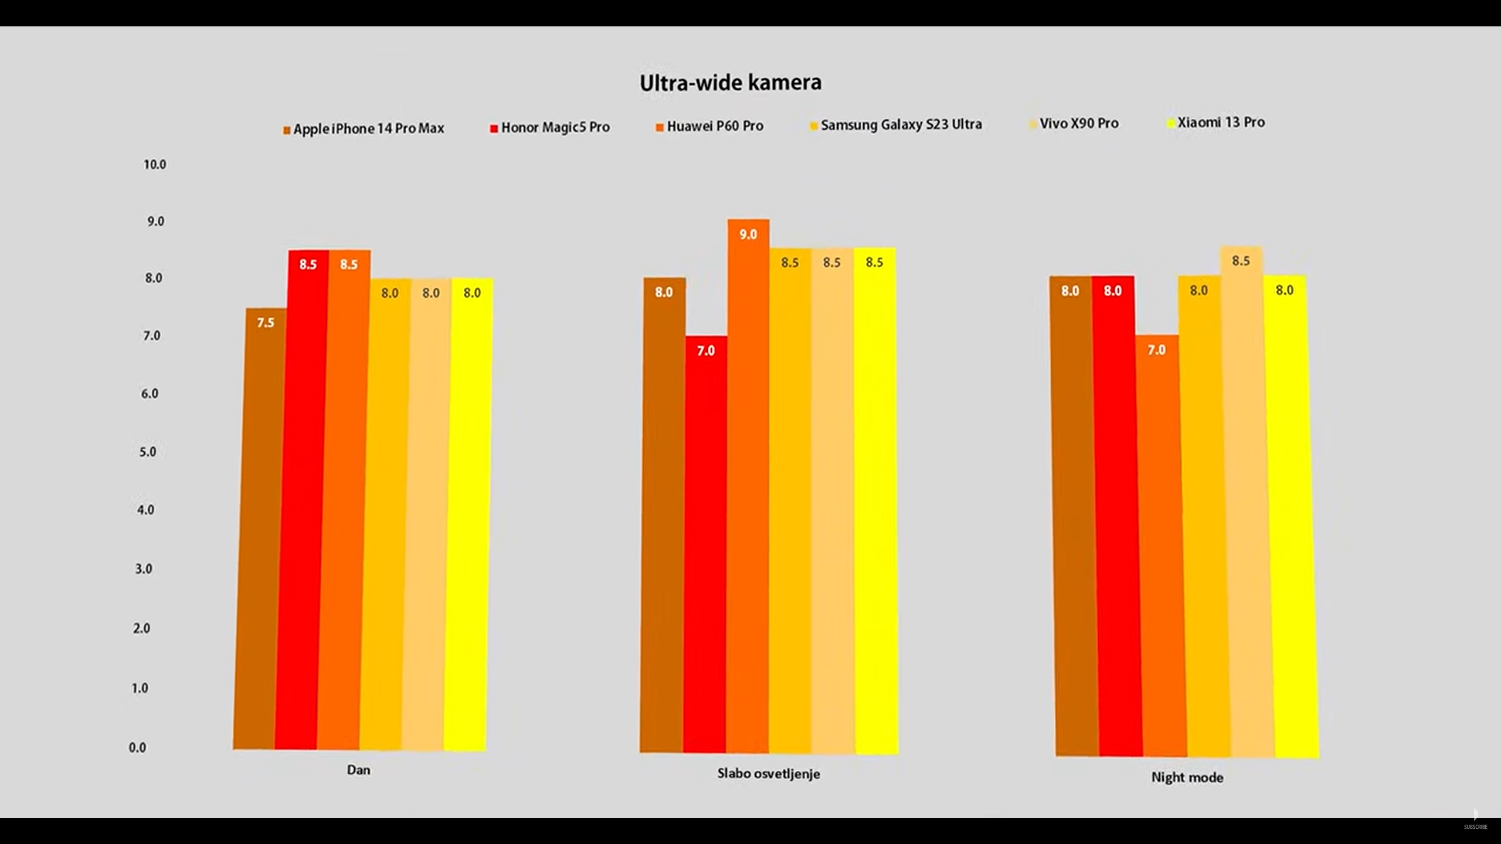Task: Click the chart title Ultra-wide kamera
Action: pyautogui.click(x=730, y=83)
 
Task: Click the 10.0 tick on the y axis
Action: pyautogui.click(x=155, y=165)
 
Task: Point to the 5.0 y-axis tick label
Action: pyautogui.click(x=148, y=452)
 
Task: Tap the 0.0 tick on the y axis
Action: pyautogui.click(x=137, y=748)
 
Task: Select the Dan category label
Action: pyautogui.click(x=358, y=770)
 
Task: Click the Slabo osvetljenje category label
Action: pyautogui.click(x=769, y=774)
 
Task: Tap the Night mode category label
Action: pyautogui.click(x=1187, y=778)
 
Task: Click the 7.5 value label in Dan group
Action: pyautogui.click(x=266, y=323)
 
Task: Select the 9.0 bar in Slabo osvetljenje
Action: pyautogui.click(x=748, y=486)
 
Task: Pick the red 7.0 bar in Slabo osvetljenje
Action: pyautogui.click(x=705, y=545)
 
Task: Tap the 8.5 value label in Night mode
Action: pyautogui.click(x=1241, y=261)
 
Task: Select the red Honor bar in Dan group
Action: pyautogui.click(x=303, y=498)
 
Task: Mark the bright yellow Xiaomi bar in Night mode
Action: pyautogui.click(x=1290, y=516)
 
